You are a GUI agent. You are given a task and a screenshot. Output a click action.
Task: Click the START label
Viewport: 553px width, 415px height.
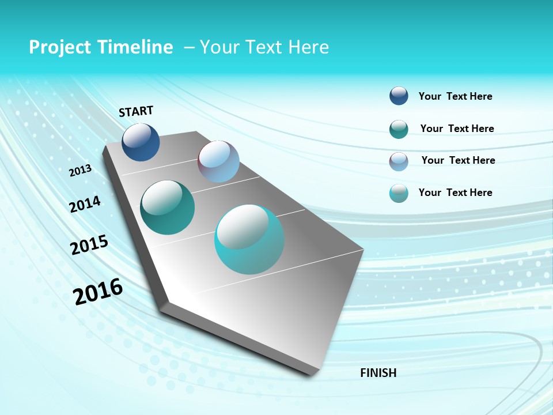tap(136, 111)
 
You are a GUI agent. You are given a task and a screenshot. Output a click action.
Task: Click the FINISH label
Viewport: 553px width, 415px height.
tap(378, 373)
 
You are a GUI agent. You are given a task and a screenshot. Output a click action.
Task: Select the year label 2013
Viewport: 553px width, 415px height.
tap(80, 171)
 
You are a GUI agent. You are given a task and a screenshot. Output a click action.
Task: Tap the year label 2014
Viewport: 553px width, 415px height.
tap(85, 205)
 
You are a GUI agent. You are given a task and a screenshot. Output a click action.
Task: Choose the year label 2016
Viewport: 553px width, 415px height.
tap(98, 292)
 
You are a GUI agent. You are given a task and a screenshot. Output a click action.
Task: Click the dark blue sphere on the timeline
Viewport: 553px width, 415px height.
tap(141, 142)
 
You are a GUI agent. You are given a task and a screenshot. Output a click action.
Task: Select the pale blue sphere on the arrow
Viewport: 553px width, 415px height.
tap(218, 161)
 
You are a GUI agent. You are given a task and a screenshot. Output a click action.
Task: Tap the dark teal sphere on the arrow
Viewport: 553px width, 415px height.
tap(167, 207)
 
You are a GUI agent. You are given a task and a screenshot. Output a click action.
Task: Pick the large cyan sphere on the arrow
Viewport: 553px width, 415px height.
tap(249, 239)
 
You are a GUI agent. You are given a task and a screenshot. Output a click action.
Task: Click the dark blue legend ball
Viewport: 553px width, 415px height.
tap(399, 96)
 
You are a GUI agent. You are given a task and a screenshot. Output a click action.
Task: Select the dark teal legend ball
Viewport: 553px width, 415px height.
tap(399, 129)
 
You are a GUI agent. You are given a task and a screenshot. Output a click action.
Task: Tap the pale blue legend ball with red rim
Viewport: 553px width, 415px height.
tap(399, 161)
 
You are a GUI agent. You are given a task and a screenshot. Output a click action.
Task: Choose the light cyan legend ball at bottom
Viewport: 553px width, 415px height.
tap(399, 193)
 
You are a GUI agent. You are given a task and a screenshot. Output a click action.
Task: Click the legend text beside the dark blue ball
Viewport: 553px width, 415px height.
tap(455, 96)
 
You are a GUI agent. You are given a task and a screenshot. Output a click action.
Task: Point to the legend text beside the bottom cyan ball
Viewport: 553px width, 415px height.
tap(455, 193)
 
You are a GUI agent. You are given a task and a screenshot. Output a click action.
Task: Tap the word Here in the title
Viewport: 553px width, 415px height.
tap(308, 47)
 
